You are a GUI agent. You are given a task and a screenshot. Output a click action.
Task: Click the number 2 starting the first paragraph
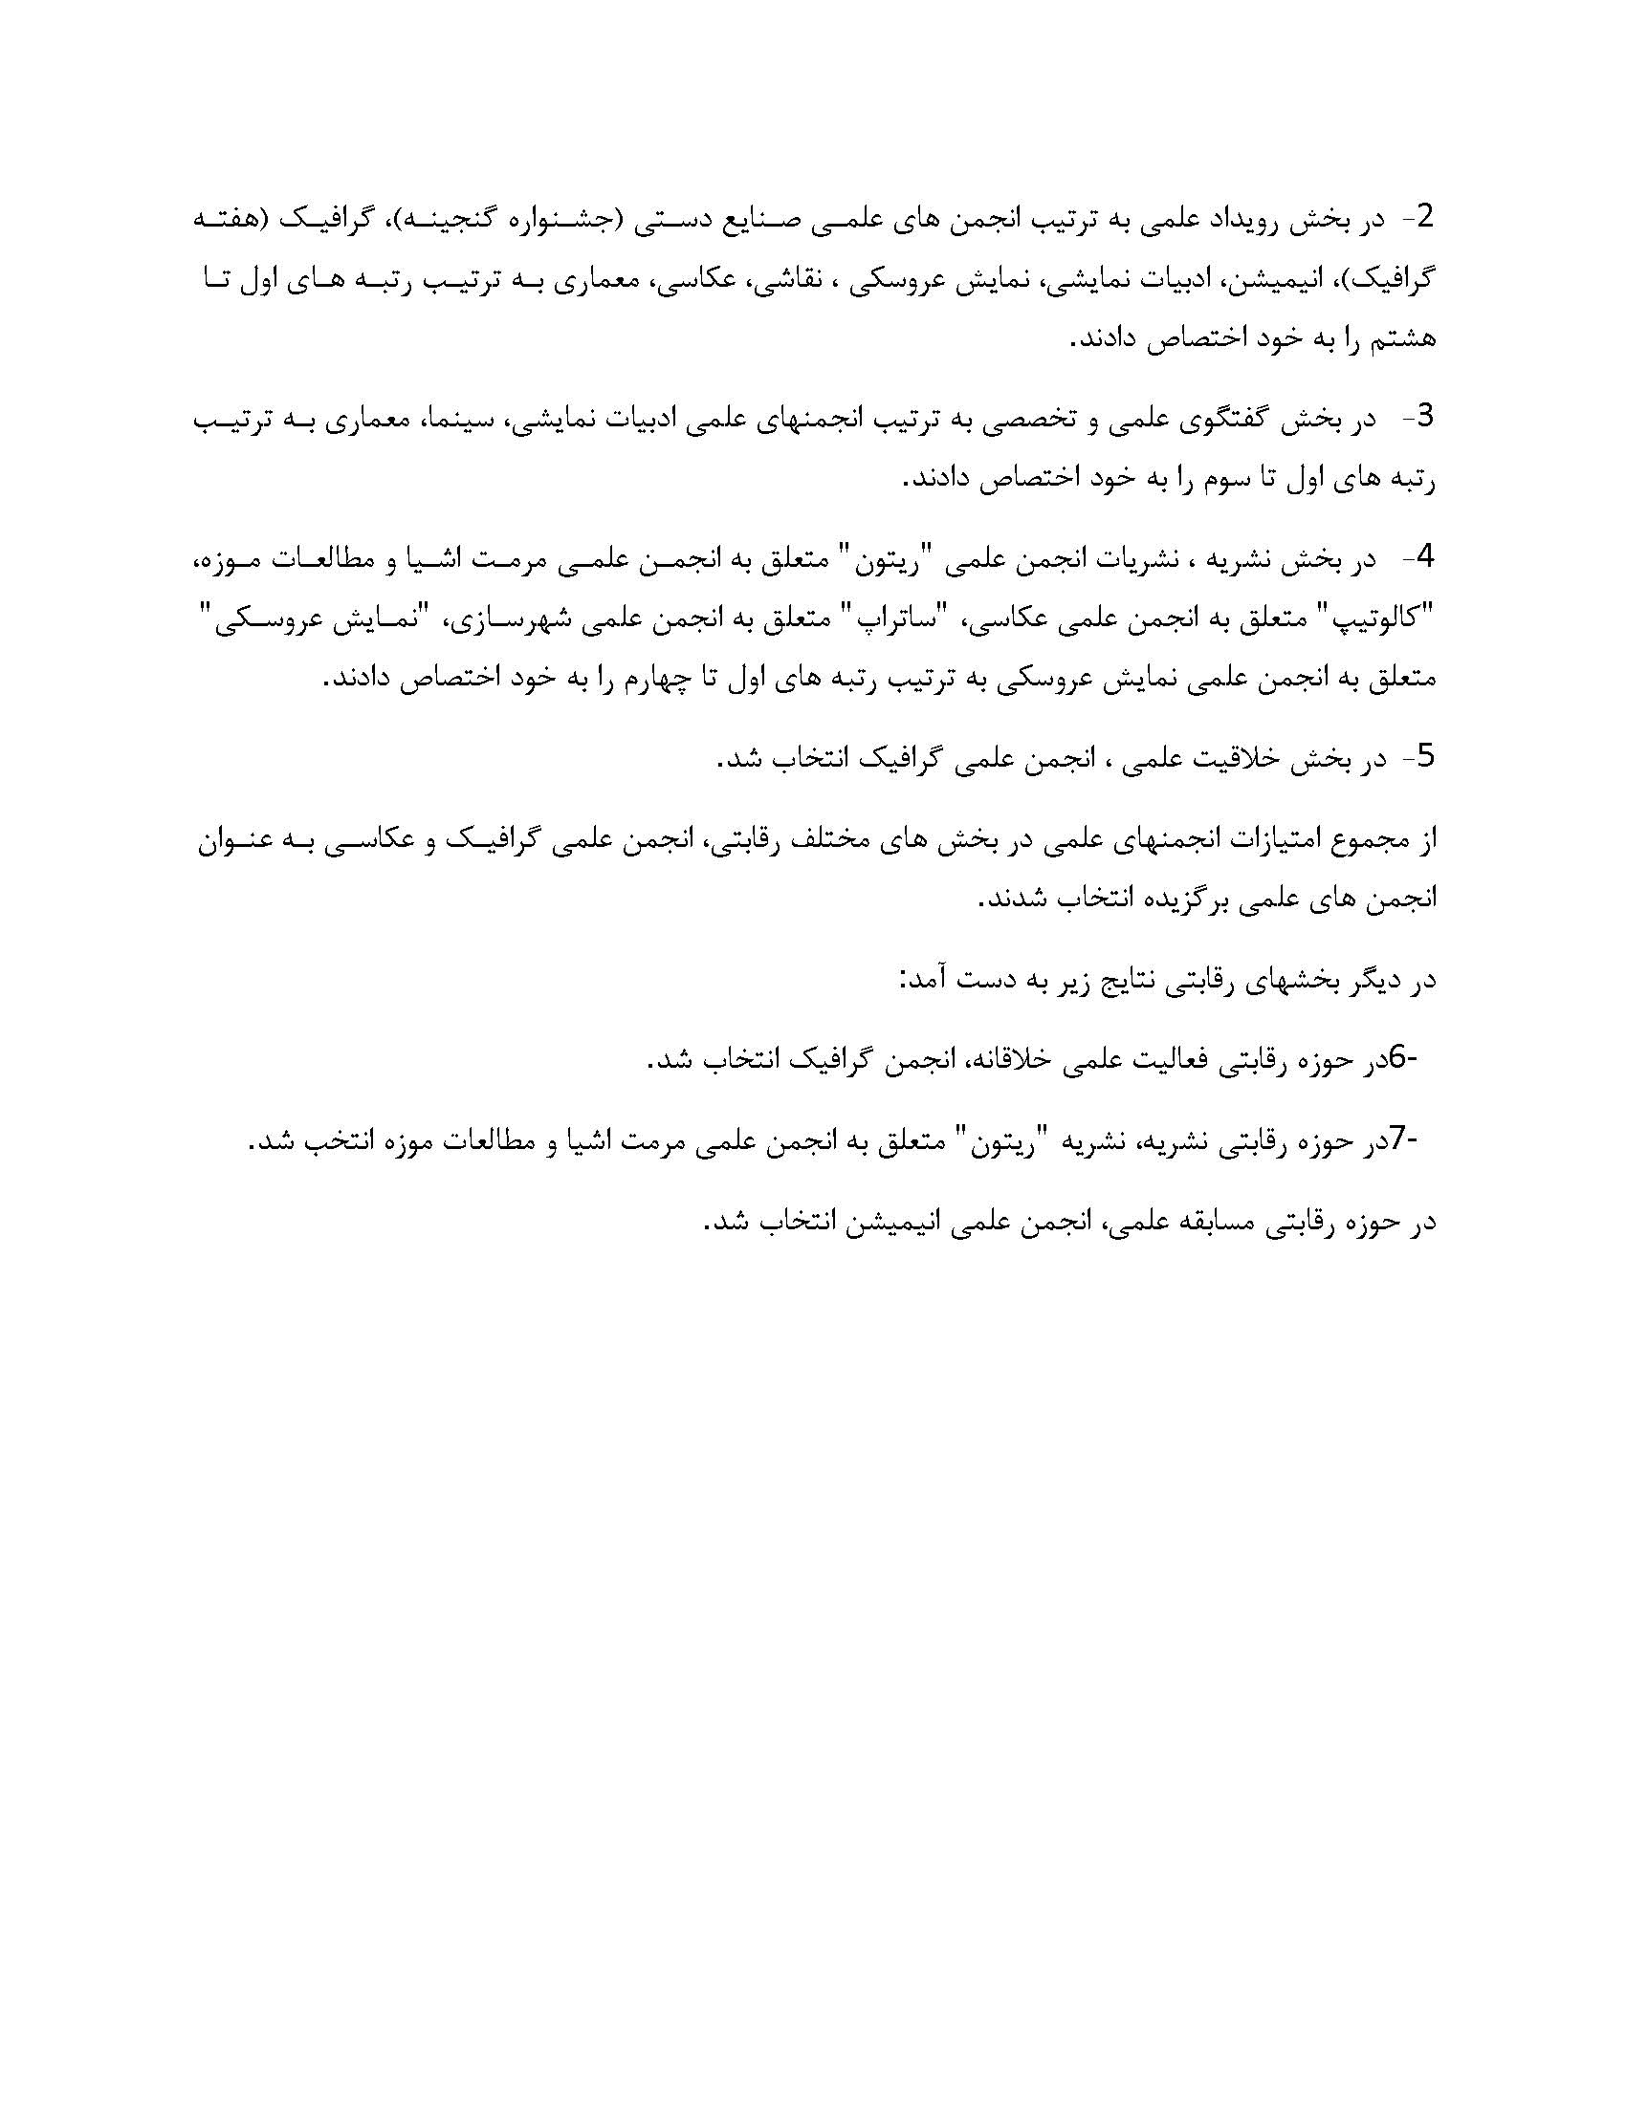[x=1425, y=220]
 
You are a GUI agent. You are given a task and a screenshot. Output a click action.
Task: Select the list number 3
[x=1425, y=417]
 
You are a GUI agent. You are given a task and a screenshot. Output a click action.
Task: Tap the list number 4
[x=1425, y=557]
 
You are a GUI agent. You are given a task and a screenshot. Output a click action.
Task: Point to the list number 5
[x=1425, y=757]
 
